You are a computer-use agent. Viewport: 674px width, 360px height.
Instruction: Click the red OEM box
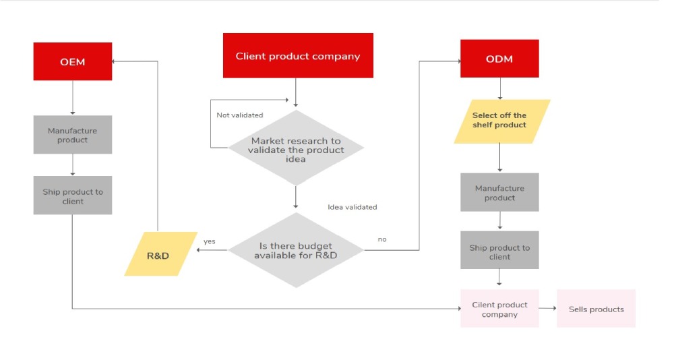pos(73,61)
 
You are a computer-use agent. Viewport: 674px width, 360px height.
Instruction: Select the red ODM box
pos(499,59)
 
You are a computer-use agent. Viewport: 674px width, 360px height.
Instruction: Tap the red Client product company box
pos(298,56)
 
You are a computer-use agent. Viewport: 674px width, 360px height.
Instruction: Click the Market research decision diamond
pos(296,150)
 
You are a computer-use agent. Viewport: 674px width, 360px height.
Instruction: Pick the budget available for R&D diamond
pos(296,250)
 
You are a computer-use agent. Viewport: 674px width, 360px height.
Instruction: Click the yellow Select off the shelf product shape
pos(501,121)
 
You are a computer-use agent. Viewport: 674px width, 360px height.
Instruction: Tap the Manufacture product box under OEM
pos(73,135)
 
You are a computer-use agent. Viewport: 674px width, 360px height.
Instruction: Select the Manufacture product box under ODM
pos(499,192)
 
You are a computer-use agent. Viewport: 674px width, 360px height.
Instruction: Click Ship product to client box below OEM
pos(73,196)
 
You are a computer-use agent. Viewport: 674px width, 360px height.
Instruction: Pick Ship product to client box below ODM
pos(499,251)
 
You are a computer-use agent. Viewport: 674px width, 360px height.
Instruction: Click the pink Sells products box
pos(596,309)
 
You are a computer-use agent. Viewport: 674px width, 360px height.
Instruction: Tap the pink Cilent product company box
pos(499,309)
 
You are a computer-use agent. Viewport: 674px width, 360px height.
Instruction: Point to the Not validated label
pos(239,115)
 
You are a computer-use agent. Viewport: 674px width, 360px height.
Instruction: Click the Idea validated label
pos(352,207)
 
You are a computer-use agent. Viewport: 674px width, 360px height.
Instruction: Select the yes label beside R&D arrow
pos(209,241)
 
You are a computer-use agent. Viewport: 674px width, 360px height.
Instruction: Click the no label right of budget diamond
pos(382,239)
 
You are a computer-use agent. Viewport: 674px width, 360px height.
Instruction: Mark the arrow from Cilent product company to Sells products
pos(547,309)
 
